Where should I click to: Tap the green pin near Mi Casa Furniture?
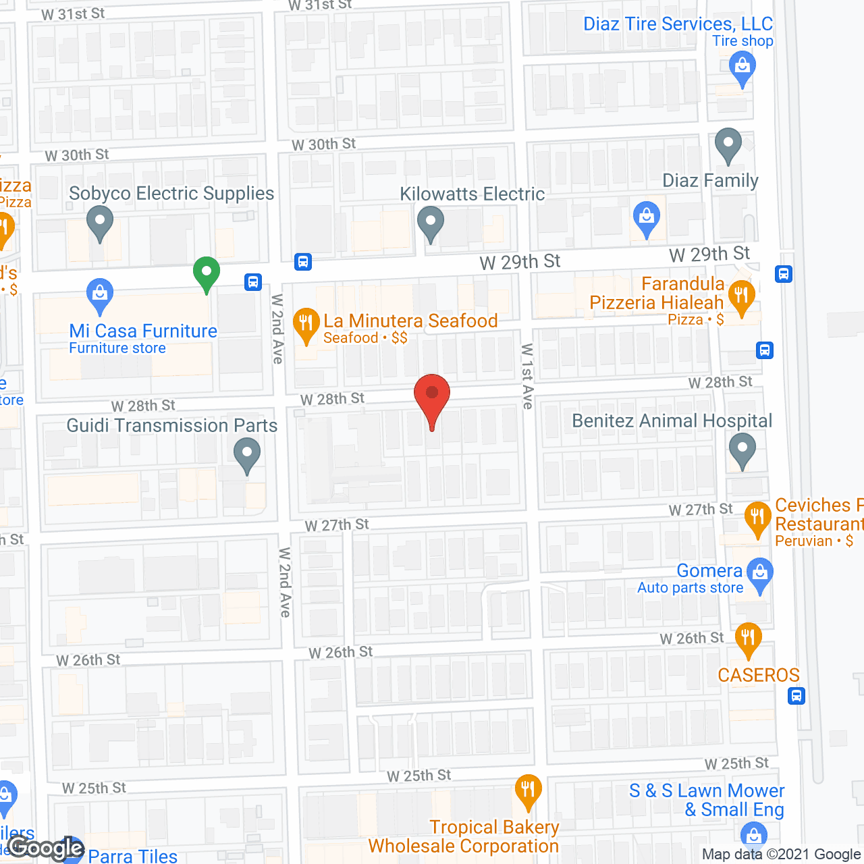point(207,273)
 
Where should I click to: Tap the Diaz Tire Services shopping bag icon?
point(742,67)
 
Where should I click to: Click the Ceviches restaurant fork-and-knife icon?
point(757,518)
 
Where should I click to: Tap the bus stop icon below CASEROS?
point(796,695)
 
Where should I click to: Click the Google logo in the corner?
point(46,848)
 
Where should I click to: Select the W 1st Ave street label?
point(527,376)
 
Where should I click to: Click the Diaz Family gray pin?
point(728,144)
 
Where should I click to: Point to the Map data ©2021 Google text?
point(781,855)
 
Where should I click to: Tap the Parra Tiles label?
point(133,856)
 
